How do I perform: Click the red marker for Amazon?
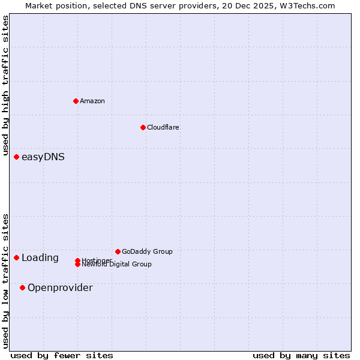coord(76,101)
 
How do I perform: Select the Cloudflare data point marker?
coord(143,127)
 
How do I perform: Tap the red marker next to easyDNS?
coord(16,157)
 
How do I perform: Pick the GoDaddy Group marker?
coord(118,251)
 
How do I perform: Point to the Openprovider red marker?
coord(22,288)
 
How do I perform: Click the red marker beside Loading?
coord(16,258)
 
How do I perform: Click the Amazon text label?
coord(92,101)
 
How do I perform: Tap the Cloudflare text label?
coord(163,127)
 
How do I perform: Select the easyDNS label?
coord(43,157)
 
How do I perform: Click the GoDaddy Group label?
coord(147,251)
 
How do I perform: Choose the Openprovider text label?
coord(60,288)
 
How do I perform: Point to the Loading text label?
coord(40,258)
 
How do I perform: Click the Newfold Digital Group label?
coord(117,265)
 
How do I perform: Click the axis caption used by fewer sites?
coord(62,355)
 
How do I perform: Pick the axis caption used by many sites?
coord(301,355)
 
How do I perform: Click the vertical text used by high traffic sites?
coord(6,86)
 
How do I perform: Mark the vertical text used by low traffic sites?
coord(6,281)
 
